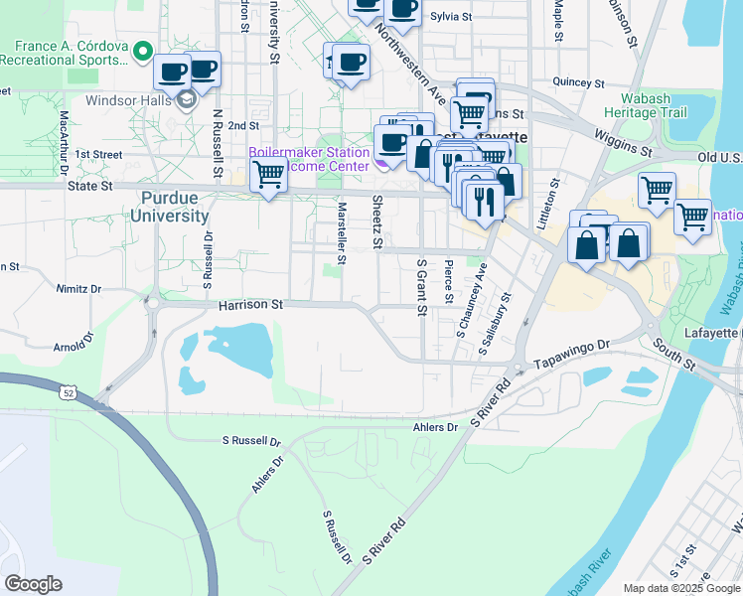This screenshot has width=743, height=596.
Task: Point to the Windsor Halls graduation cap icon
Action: tap(186, 99)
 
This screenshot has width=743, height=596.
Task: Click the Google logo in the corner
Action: tap(33, 583)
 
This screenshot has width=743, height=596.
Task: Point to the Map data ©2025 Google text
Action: tap(680, 588)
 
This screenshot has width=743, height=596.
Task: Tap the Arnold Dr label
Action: tap(71, 346)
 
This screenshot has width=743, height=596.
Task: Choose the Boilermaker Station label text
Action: tap(308, 153)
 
